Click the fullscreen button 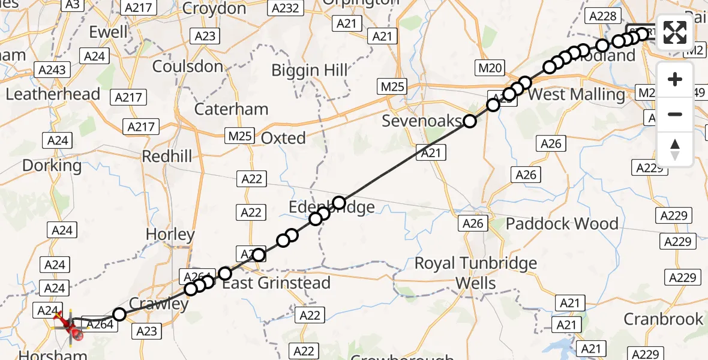675,32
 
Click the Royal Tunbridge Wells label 476,273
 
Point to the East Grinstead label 277,283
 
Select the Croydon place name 214,8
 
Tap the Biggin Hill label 310,70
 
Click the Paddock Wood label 562,224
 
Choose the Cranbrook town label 663,319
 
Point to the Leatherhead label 53,94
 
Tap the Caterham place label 231,109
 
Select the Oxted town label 283,138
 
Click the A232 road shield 285,8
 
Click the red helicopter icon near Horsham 70,326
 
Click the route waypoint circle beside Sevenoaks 470,122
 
